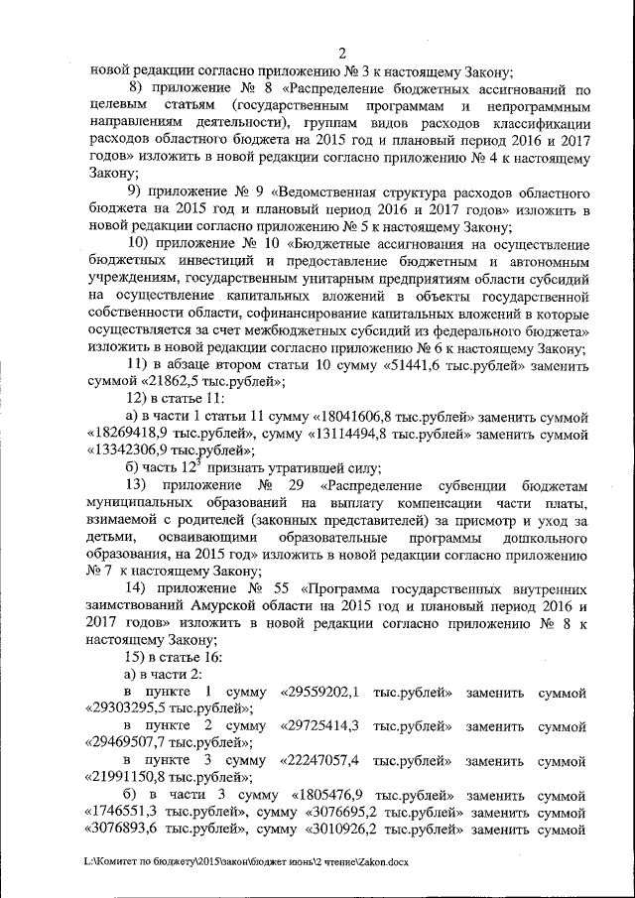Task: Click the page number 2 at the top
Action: pos(341,54)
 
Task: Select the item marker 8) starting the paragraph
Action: pos(140,87)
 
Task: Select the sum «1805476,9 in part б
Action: pos(332,796)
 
